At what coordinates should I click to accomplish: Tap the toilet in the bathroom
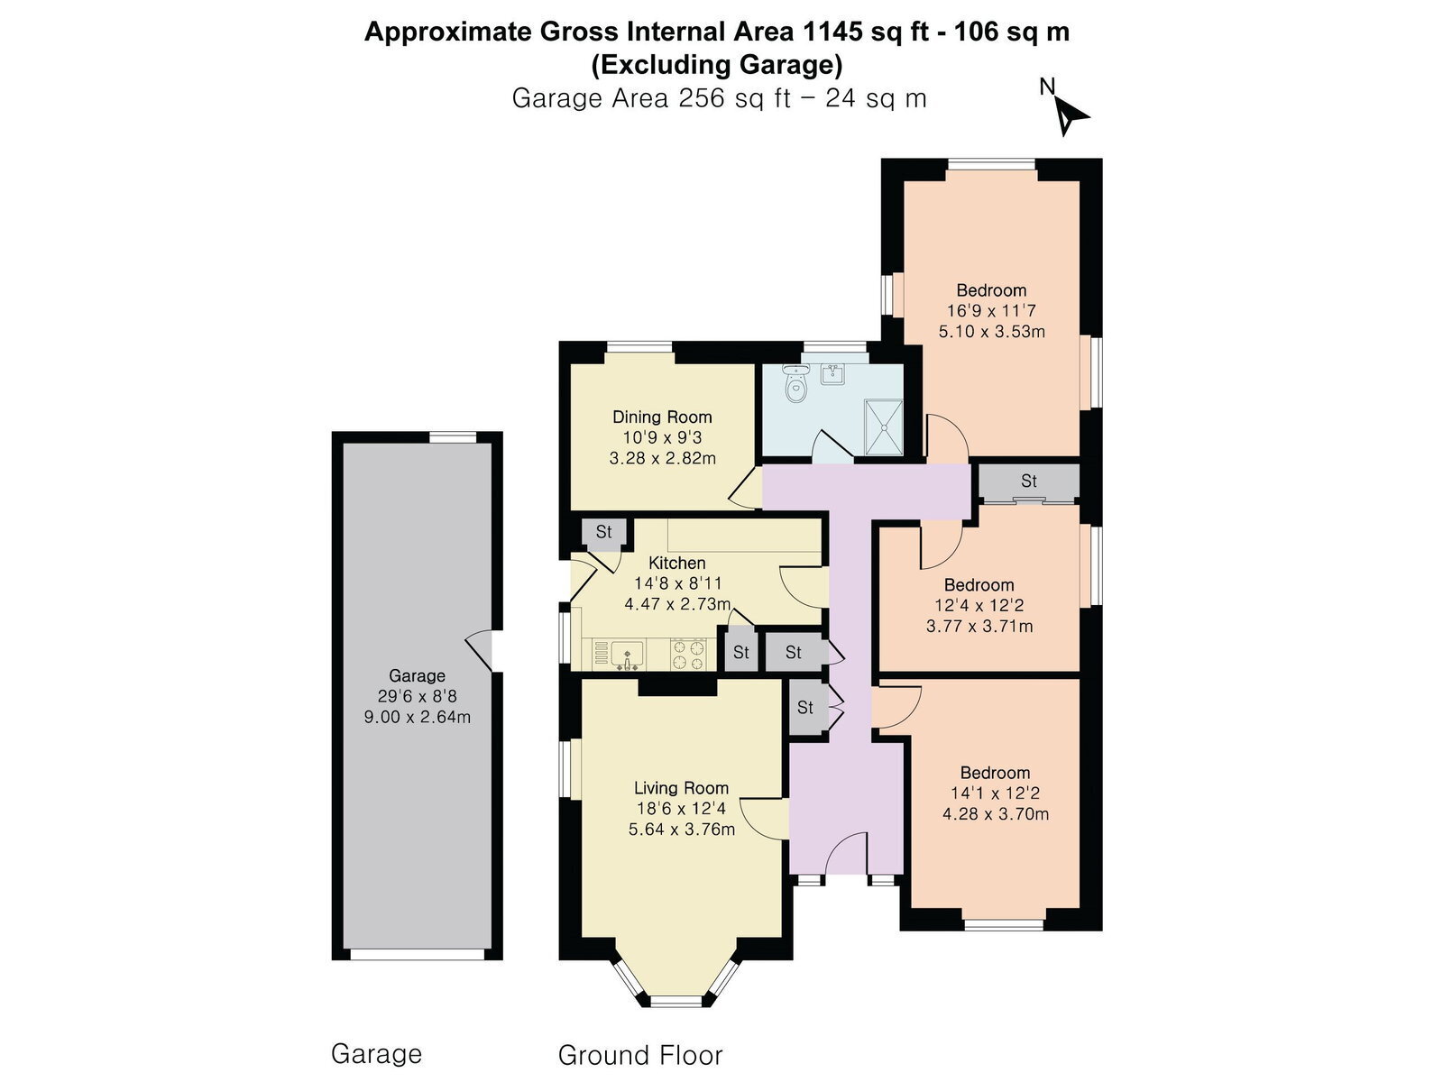click(796, 383)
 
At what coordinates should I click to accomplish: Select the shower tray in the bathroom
click(884, 426)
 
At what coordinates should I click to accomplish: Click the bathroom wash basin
click(833, 374)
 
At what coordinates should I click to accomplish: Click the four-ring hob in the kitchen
click(687, 655)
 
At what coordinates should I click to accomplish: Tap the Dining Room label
click(662, 417)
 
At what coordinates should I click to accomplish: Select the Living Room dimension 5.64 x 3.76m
click(681, 829)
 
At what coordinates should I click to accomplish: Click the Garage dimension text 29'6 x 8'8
click(417, 696)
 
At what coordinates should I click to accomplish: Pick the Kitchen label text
click(676, 563)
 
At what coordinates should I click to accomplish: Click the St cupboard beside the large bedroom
click(1029, 481)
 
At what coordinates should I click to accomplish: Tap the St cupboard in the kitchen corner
click(603, 531)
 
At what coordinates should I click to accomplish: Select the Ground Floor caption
click(640, 1055)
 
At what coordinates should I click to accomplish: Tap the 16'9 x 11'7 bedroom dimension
click(990, 311)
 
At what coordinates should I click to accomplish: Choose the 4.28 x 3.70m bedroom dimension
click(996, 814)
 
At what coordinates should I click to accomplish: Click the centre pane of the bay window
click(676, 1001)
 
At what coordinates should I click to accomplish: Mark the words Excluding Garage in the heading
click(717, 64)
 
